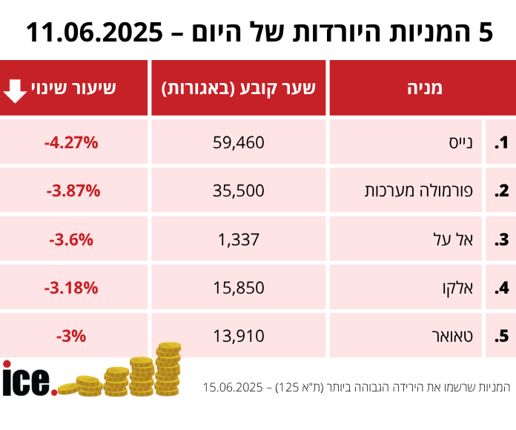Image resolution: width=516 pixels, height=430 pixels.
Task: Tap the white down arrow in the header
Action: (x=15, y=88)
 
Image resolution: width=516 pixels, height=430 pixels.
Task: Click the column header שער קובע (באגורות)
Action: (x=239, y=88)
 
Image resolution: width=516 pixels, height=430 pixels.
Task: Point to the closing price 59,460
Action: (x=239, y=142)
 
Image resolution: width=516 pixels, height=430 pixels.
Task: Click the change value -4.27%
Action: (x=72, y=142)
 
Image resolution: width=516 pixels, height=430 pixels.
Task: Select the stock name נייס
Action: (x=466, y=142)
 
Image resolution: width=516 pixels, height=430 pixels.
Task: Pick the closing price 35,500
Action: (x=239, y=191)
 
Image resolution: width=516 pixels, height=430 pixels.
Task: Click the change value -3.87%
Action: (x=73, y=191)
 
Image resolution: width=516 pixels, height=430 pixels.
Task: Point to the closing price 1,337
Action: (x=239, y=239)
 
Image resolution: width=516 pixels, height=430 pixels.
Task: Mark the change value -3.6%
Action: (x=71, y=239)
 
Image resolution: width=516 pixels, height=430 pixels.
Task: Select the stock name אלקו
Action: (x=463, y=288)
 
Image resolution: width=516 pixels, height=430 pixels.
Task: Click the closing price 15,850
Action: (x=239, y=288)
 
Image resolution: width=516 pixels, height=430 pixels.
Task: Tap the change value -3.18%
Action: (x=72, y=288)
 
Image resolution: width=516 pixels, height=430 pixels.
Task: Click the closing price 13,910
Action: (x=239, y=336)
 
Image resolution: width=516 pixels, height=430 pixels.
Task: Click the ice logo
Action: (x=29, y=379)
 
